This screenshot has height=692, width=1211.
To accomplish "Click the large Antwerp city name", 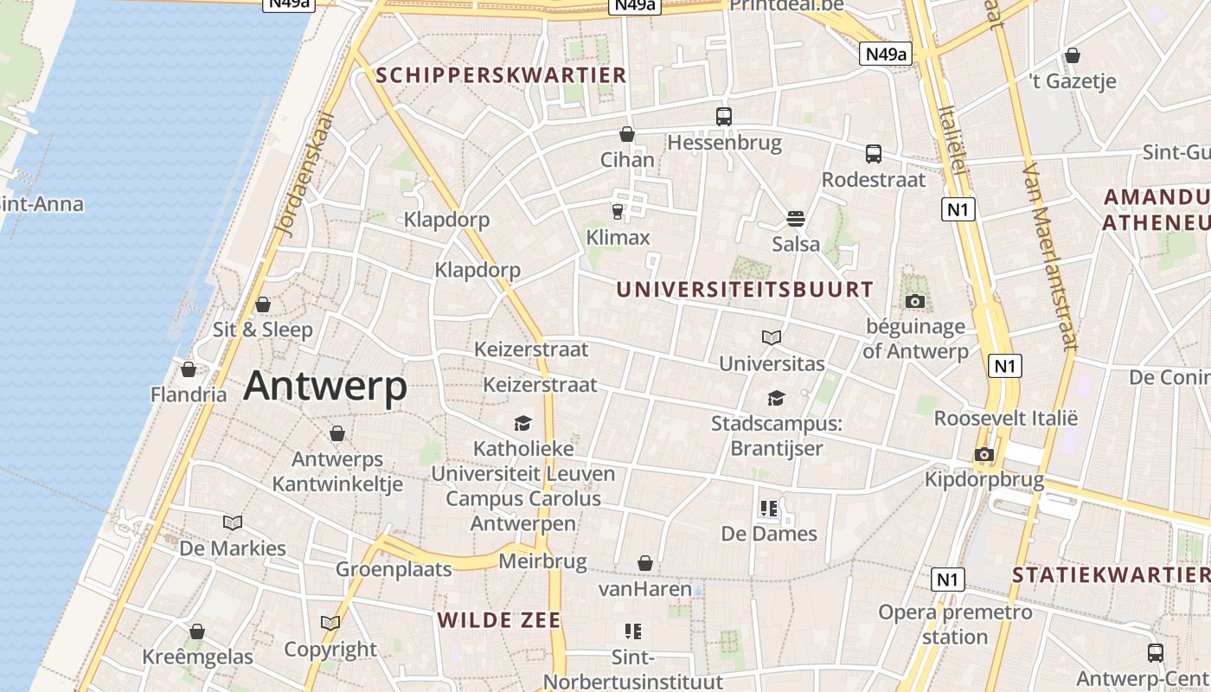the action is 325,386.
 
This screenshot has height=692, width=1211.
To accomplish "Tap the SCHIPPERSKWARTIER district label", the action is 502,75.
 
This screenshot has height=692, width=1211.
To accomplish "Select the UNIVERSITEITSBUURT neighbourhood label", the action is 745,290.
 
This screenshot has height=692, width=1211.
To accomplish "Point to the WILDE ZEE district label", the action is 499,620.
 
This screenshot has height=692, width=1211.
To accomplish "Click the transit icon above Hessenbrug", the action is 724,116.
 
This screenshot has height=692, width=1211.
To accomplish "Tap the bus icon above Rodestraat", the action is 874,154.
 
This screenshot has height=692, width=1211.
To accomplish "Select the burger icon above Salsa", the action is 796,218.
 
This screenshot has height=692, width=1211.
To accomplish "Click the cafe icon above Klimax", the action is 618,212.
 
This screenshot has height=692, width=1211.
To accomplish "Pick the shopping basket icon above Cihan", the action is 627,134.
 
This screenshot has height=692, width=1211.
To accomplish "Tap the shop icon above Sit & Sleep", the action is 263,304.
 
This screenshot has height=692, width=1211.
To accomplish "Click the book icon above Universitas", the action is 772,337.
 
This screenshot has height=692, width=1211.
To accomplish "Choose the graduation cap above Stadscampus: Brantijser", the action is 776,398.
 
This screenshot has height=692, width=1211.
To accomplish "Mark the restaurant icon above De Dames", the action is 769,508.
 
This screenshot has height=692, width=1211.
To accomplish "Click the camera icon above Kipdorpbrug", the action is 984,454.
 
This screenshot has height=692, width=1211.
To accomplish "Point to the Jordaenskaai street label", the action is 304,174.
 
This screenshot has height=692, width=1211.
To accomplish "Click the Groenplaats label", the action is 394,569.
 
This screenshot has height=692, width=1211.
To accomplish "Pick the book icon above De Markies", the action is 233,522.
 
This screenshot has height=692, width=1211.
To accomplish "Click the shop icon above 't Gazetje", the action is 1073,55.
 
